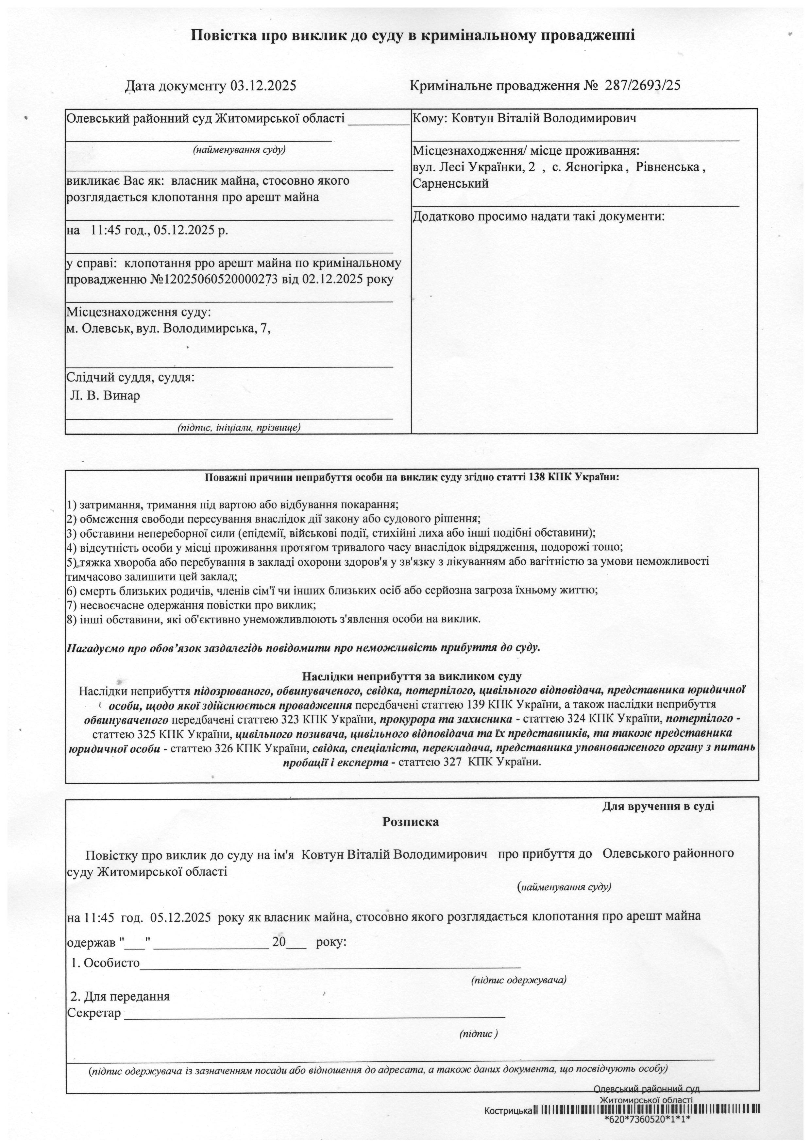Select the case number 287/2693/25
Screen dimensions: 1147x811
pos(643,85)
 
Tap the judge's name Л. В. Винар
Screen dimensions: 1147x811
pos(105,396)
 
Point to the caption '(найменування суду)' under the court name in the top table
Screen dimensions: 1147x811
pos(239,149)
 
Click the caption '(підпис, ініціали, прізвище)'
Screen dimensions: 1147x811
pos(239,428)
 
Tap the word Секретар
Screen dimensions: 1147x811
pos(94,1013)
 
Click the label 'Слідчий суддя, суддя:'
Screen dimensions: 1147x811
pos(131,377)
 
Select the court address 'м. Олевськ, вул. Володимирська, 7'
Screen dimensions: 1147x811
pos(169,329)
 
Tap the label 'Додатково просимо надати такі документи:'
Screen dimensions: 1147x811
pos(539,217)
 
